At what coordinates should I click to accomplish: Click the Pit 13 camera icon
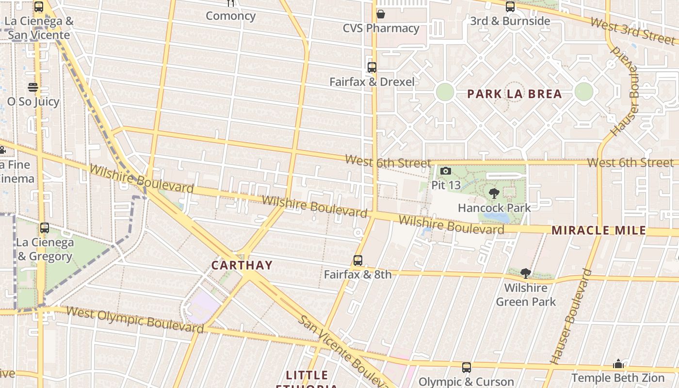coord(445,171)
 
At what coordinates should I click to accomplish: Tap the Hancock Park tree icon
coord(494,194)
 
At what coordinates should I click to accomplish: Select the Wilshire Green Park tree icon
coord(525,273)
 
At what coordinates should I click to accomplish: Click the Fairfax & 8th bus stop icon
coord(358,260)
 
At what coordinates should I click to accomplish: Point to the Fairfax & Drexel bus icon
coord(372,67)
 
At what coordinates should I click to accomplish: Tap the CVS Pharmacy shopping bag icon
coord(381,14)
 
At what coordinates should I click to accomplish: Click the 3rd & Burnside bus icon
coord(510,7)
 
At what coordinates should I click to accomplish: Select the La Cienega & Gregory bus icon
coord(45,227)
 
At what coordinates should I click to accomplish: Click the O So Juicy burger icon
coord(33,87)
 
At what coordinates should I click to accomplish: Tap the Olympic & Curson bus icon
coord(466,368)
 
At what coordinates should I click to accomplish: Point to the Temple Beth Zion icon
coord(618,364)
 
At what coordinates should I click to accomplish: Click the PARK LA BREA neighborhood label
coord(515,94)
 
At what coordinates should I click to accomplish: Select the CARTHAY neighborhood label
coord(242,265)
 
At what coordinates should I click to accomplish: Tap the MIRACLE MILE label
coord(598,230)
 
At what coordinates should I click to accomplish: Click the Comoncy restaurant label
coord(230,16)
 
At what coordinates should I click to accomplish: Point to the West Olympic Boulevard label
coord(134,319)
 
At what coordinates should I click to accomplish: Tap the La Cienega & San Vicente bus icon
coord(39,7)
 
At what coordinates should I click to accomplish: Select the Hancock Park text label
coord(494,208)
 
